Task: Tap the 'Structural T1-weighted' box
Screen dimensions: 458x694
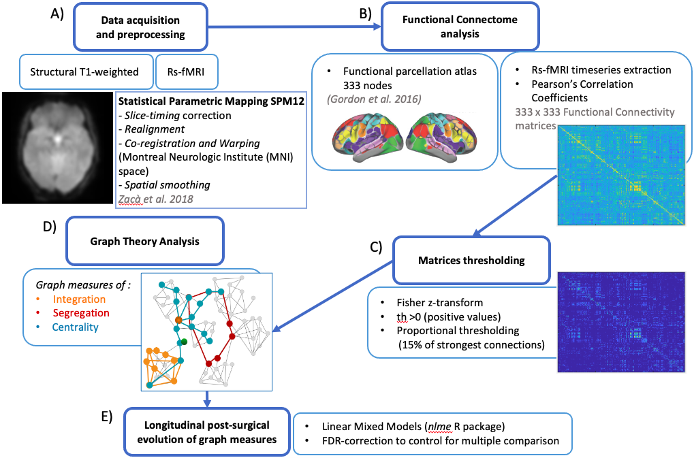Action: point(85,72)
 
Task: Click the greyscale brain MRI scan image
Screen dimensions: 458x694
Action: point(57,148)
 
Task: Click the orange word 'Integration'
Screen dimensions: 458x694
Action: point(80,299)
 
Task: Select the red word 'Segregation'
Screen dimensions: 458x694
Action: point(81,313)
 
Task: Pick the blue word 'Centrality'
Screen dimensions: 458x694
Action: point(76,327)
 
